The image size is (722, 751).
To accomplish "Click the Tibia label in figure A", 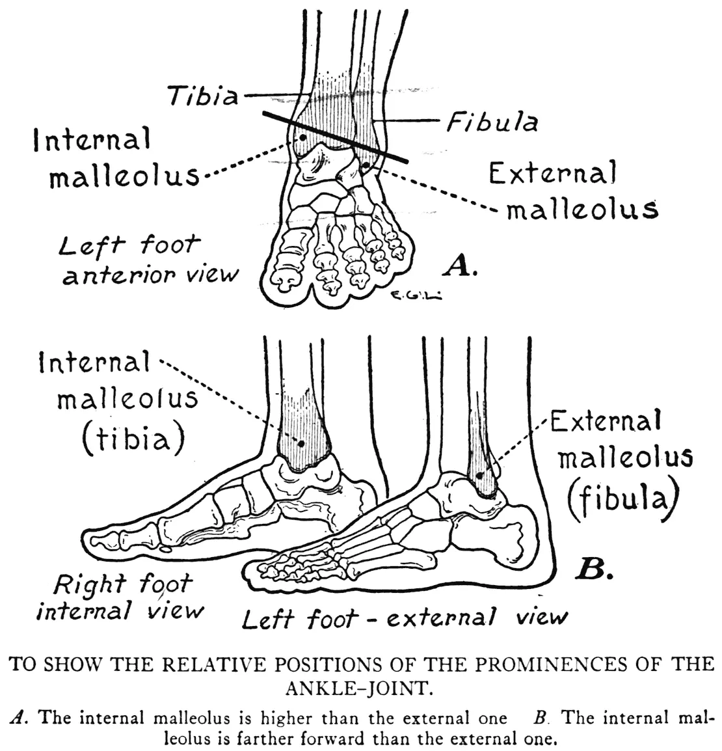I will [x=203, y=96].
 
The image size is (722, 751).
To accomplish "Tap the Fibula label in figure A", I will [x=491, y=122].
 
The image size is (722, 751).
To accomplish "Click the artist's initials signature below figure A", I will [x=417, y=296].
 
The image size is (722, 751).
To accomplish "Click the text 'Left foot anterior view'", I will [x=148, y=260].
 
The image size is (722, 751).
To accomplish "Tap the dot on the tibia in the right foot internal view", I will [x=302, y=443].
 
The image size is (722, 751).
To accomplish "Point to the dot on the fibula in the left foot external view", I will [x=480, y=475].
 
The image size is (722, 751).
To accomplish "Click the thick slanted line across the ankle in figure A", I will [x=335, y=137].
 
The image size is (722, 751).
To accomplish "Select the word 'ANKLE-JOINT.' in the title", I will [x=360, y=687].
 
